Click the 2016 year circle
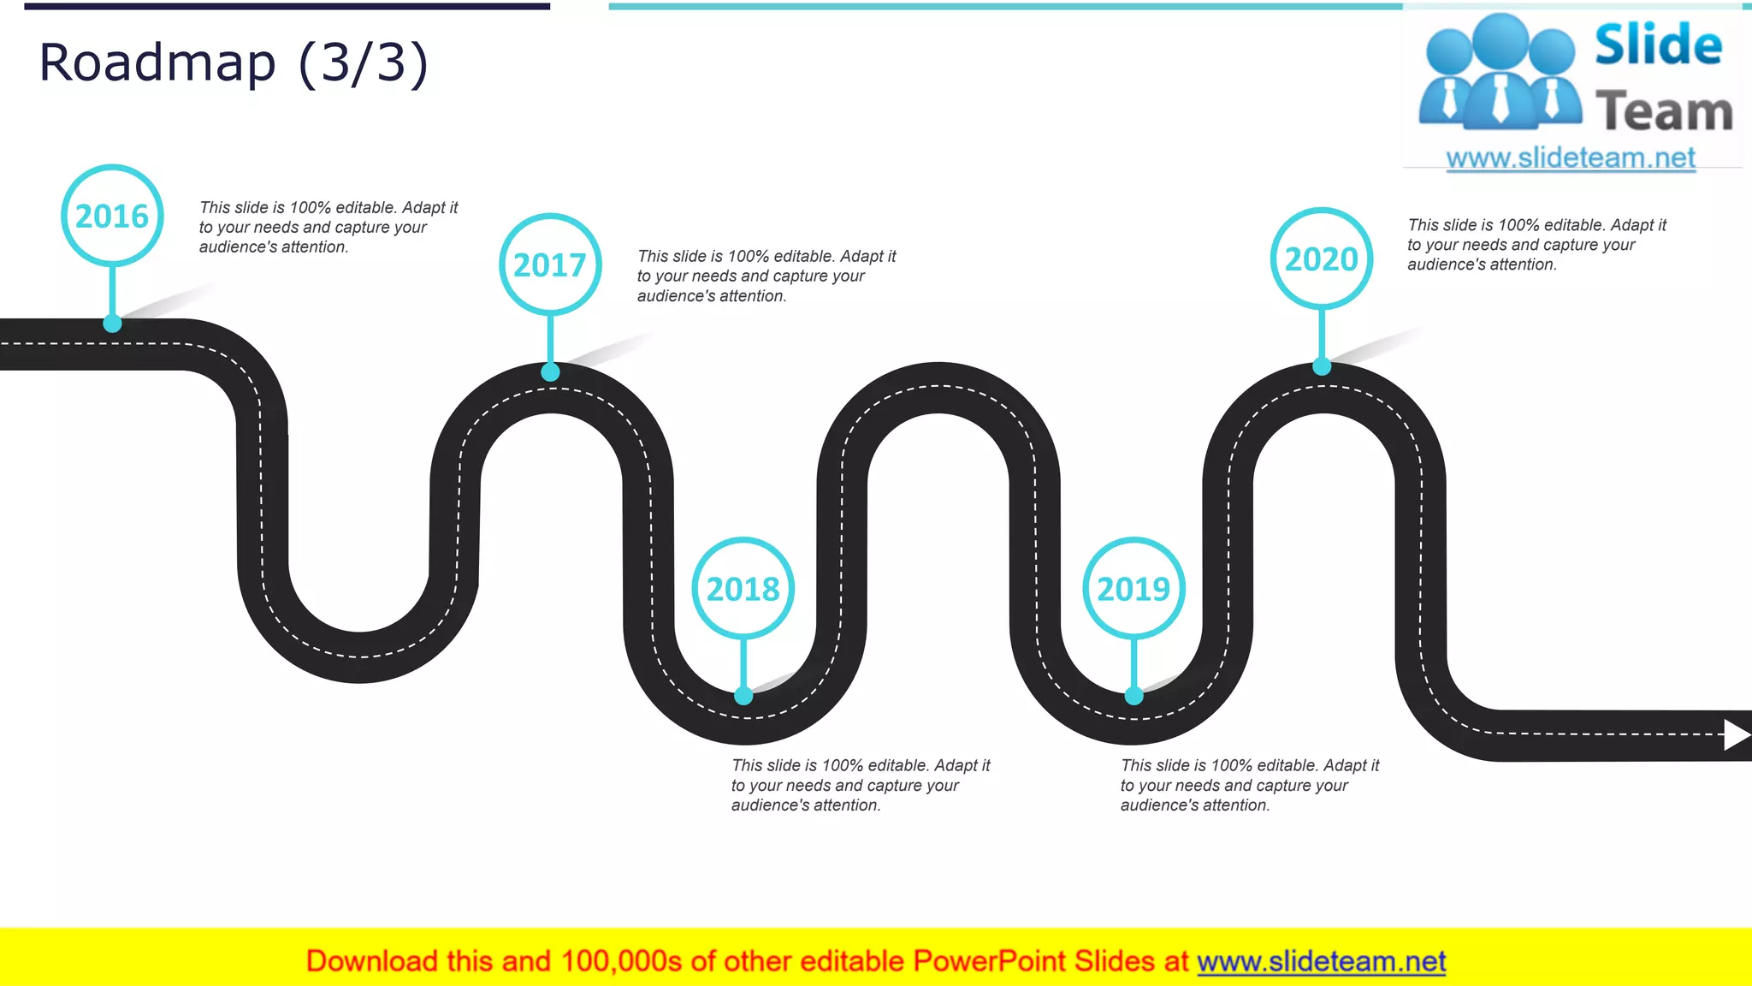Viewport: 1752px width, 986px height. (x=112, y=216)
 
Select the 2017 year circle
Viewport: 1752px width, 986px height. (x=550, y=264)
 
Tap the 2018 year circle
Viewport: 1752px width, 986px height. (x=743, y=589)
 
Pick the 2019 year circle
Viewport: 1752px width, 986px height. (x=1133, y=589)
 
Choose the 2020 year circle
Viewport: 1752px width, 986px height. (x=1322, y=258)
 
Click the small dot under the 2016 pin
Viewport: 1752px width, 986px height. (x=112, y=324)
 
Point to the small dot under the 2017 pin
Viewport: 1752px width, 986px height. (x=550, y=371)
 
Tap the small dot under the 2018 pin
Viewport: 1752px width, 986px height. (x=743, y=696)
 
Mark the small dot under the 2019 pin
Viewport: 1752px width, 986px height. (x=1133, y=696)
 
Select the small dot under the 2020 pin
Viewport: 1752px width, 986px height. (x=1322, y=366)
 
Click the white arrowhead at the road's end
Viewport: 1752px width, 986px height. (x=1736, y=734)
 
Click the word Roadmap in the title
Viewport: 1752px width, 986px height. (x=157, y=63)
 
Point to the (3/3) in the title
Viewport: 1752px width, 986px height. (x=363, y=63)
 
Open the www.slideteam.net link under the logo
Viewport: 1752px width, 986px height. (x=1571, y=158)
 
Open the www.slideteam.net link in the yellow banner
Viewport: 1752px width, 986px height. (x=1321, y=962)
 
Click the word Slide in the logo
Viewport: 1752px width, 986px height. (x=1658, y=45)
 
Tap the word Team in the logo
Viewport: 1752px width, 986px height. (x=1664, y=112)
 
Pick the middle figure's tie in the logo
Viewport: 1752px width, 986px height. (x=1500, y=98)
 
